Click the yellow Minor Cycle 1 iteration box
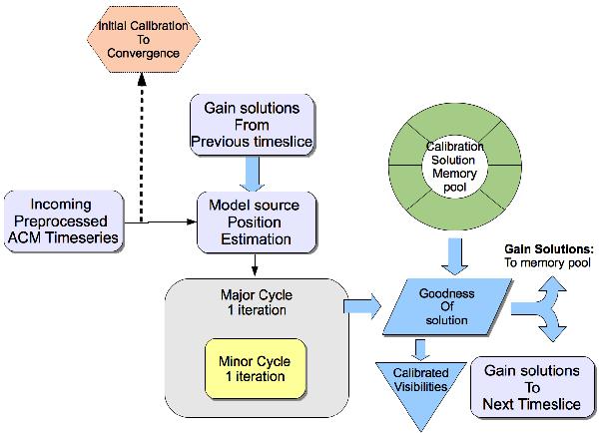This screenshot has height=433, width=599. tap(249, 367)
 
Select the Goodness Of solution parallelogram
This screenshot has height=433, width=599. tap(447, 305)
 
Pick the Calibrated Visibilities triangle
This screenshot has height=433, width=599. tap(420, 387)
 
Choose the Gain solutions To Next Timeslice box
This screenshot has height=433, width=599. tap(532, 387)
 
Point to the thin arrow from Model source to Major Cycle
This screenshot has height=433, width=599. tap(256, 264)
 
